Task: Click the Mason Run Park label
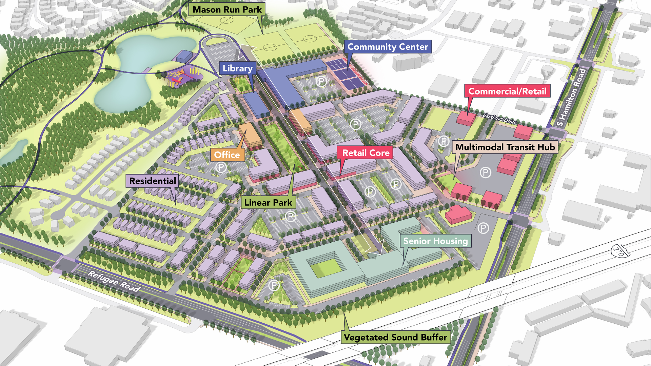tap(227, 9)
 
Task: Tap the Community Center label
tap(388, 47)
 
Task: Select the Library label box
tap(237, 68)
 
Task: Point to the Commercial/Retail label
tap(507, 91)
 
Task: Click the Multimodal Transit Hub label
tap(505, 147)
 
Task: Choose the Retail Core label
tap(366, 153)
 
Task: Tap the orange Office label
tap(227, 155)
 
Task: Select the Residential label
tap(153, 181)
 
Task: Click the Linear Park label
tap(268, 203)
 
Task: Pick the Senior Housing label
tap(435, 241)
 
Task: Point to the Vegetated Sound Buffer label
tap(395, 337)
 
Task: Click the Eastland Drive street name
tap(499, 119)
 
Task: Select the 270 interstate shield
tap(619, 251)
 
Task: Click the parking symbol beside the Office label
tap(221, 167)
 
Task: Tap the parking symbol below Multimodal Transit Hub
tap(485, 173)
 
